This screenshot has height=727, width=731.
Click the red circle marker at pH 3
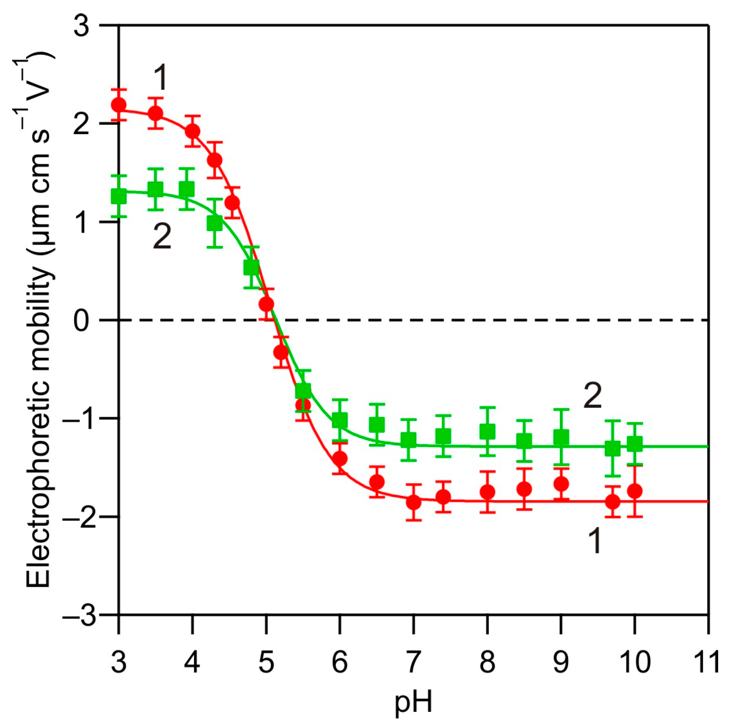[118, 105]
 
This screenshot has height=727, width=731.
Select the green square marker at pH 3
[118, 196]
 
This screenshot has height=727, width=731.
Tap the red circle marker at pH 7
[413, 502]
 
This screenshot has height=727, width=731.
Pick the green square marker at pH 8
[487, 432]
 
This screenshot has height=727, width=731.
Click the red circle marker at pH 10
[635, 491]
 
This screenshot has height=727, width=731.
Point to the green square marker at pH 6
[340, 420]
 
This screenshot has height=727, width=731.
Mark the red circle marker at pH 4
[192, 131]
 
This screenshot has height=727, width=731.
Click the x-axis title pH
[413, 703]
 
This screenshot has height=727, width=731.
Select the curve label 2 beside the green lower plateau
[592, 396]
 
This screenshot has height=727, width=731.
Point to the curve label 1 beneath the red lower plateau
[595, 541]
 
